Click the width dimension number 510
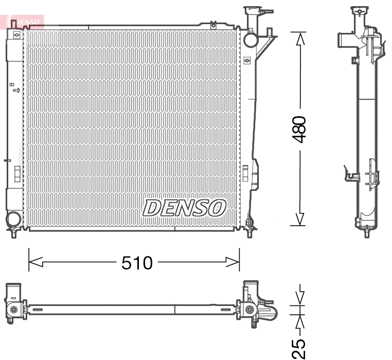(137, 263)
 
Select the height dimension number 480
(299, 129)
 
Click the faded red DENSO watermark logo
(26, 22)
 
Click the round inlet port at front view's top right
(251, 39)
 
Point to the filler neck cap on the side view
(359, 10)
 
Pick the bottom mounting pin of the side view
(366, 234)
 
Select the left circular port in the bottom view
(13, 309)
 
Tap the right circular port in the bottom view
(250, 309)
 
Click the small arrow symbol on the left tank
(17, 91)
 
